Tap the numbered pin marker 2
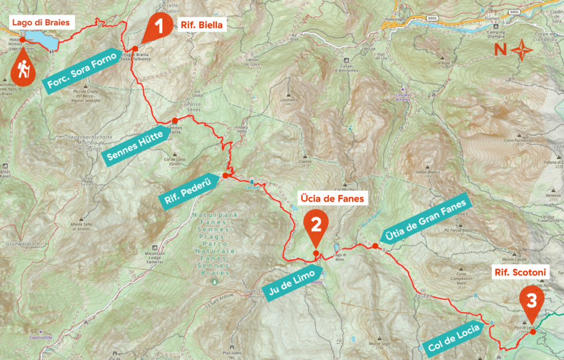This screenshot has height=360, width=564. pyautogui.click(x=315, y=226)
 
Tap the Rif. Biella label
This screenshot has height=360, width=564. pyautogui.click(x=201, y=25)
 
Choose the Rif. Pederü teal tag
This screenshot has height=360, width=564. pyautogui.click(x=189, y=191)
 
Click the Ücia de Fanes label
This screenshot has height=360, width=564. pyautogui.click(x=333, y=199)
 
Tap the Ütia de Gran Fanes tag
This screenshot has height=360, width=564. pyautogui.click(x=428, y=219)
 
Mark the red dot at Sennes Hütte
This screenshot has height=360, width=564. pyautogui.click(x=174, y=120)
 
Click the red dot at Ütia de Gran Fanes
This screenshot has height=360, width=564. pyautogui.click(x=375, y=246)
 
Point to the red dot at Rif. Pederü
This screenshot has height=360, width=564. pyautogui.click(x=226, y=175)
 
